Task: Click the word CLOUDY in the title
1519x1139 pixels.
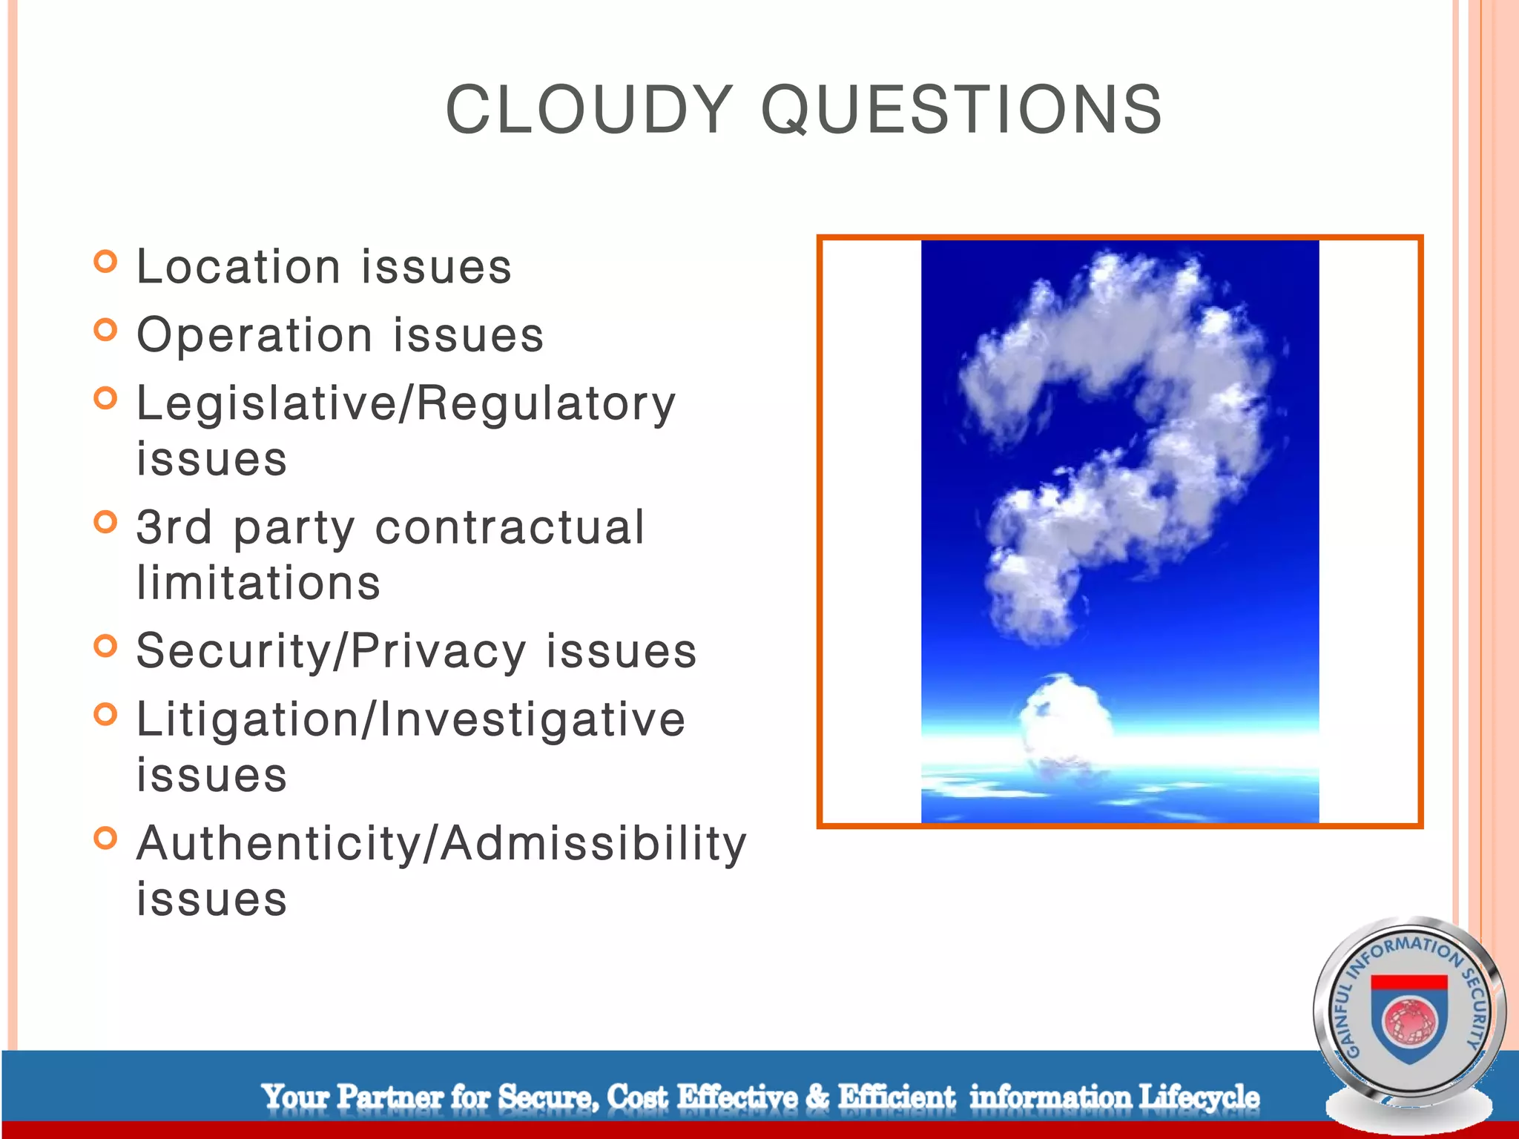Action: point(589,110)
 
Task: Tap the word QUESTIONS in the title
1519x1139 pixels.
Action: point(961,110)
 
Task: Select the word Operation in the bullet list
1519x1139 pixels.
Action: point(254,335)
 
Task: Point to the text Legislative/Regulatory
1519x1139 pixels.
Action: point(406,404)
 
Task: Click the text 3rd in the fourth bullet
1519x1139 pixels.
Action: point(174,527)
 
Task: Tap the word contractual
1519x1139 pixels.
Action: point(510,527)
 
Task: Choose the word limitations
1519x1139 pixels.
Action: point(258,583)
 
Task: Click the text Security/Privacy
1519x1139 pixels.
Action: point(331,651)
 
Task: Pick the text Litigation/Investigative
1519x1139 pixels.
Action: point(411,719)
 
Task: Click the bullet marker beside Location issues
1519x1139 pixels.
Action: point(106,262)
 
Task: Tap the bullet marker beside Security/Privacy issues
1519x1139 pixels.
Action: point(106,647)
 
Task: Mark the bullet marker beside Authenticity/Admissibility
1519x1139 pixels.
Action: point(106,839)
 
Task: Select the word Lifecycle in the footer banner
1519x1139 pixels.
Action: point(1199,1097)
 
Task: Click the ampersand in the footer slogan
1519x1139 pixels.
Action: point(817,1097)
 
